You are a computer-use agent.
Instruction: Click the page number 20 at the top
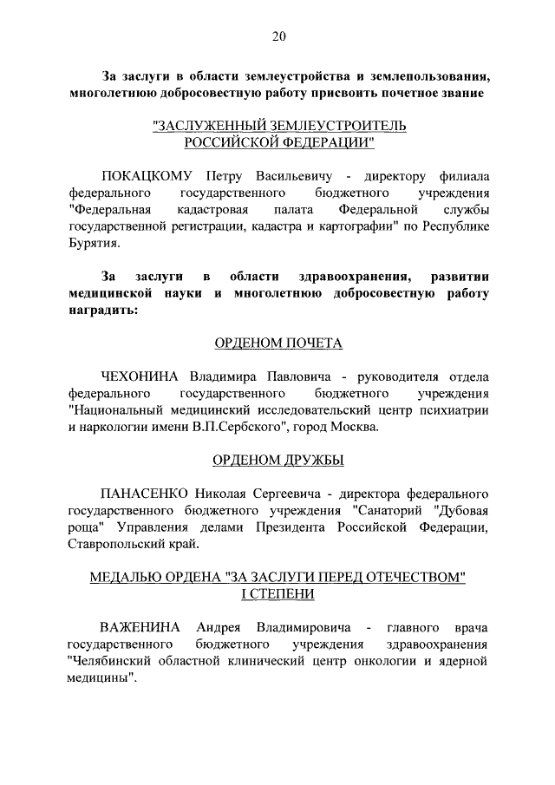click(277, 36)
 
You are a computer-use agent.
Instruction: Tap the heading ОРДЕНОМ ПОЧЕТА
click(277, 343)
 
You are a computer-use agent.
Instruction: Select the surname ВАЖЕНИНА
click(140, 627)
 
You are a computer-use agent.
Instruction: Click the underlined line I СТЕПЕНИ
click(277, 594)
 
